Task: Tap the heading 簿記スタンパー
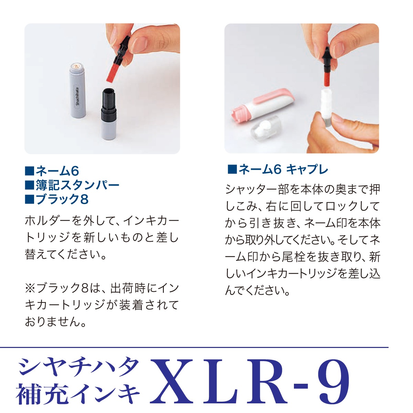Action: point(77,185)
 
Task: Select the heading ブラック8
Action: point(62,199)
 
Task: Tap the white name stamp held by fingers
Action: point(325,103)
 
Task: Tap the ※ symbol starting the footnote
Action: point(30,288)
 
